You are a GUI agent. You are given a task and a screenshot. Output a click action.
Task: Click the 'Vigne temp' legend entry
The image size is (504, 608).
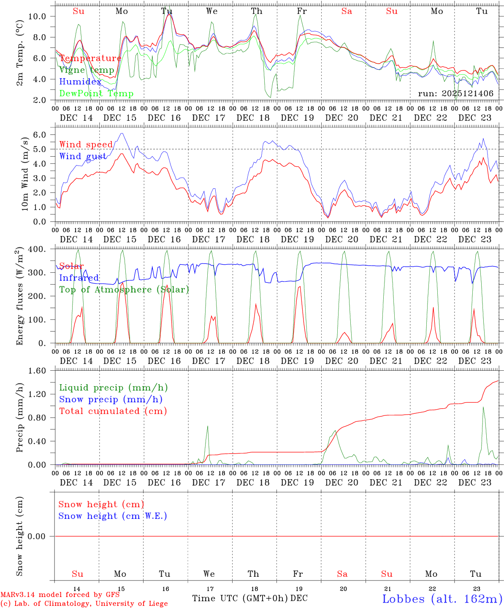pyautogui.click(x=87, y=70)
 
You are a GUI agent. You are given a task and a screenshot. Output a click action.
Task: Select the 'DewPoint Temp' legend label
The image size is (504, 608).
pyautogui.click(x=96, y=94)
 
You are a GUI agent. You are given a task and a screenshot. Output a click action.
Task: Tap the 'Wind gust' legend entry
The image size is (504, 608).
pyautogui.click(x=83, y=156)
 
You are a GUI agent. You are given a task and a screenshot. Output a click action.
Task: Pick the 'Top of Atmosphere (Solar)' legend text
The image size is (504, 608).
pyautogui.click(x=124, y=290)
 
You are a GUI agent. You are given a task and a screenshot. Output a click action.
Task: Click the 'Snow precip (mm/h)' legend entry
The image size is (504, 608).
pyautogui.click(x=111, y=399)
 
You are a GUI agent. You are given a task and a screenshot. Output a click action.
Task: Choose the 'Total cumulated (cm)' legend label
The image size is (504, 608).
pyautogui.click(x=113, y=411)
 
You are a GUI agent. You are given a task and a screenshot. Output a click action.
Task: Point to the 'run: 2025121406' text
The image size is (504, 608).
pyautogui.click(x=455, y=94)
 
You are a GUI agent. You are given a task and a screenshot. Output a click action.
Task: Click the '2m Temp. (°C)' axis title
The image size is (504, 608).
pyautogui.click(x=20, y=58)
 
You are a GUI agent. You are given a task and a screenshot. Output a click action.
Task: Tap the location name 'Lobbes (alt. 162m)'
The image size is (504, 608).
pyautogui.click(x=442, y=599)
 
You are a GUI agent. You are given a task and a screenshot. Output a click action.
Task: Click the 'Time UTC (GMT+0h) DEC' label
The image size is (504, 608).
pyautogui.click(x=249, y=598)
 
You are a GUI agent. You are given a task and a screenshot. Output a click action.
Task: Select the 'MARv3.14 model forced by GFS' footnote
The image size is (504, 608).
pyautogui.click(x=60, y=595)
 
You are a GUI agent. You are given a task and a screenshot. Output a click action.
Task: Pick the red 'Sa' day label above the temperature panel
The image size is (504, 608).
pyautogui.click(x=347, y=11)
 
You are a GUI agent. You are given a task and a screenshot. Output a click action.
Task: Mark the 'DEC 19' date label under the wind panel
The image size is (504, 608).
pyautogui.click(x=298, y=239)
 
